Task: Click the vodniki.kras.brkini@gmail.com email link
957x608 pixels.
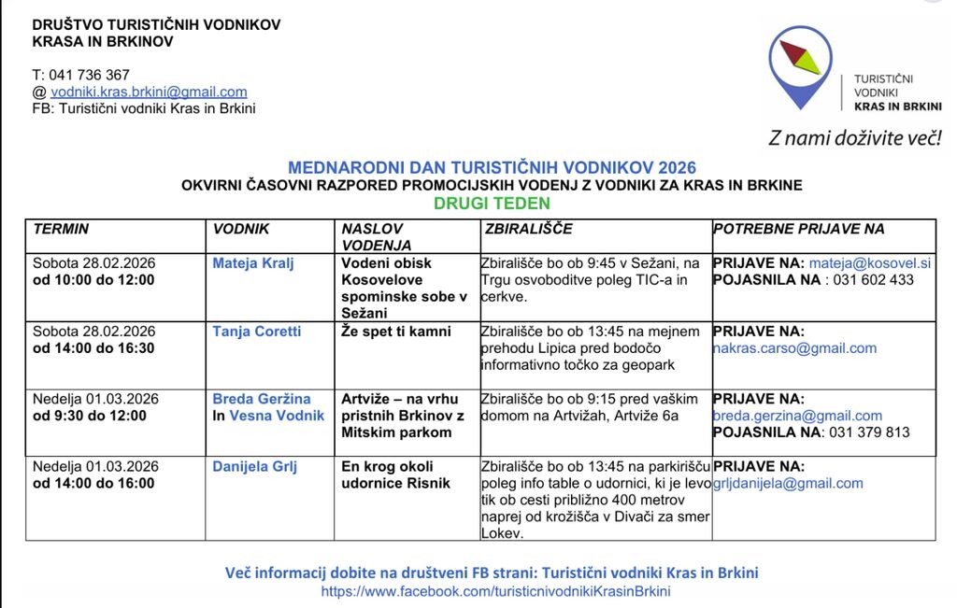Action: (149, 92)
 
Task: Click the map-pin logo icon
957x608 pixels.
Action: (800, 67)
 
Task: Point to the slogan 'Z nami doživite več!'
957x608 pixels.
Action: (854, 138)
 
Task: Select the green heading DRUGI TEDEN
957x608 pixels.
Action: (492, 203)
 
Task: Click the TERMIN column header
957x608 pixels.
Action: (62, 229)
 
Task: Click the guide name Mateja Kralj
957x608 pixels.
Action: (253, 263)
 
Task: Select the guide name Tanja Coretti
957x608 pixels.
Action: (257, 332)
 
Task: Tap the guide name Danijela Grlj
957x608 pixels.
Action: (255, 466)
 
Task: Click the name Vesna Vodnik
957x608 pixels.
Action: (277, 416)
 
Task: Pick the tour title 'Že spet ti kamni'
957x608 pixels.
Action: (396, 332)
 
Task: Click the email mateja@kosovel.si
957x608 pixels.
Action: (870, 263)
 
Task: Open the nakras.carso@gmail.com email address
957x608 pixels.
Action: (794, 348)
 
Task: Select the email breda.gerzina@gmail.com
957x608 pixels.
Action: (797, 416)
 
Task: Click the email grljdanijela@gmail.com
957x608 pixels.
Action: (788, 483)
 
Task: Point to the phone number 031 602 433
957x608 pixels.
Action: (873, 280)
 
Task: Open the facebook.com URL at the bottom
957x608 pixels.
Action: (495, 591)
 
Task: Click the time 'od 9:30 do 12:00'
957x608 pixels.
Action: (90, 416)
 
